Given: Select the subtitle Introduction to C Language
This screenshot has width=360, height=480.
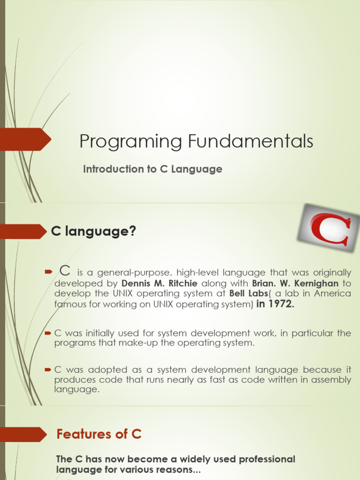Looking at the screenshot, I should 152,169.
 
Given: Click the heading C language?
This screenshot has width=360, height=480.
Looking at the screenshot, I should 93,231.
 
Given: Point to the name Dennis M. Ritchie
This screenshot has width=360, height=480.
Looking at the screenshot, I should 159,283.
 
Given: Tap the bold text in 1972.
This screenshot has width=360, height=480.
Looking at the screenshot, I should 276,304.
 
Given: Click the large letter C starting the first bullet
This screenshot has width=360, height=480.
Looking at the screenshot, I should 65,270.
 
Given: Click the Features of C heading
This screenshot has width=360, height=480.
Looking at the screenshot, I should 99,434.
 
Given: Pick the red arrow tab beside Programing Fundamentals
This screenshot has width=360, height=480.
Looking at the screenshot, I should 26,139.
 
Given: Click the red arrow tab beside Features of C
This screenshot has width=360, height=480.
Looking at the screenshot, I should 23,434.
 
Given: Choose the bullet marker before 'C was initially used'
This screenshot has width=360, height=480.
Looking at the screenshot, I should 47,333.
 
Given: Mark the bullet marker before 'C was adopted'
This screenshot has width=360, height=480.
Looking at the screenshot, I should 47,370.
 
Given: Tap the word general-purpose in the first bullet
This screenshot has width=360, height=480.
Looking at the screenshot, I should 126,273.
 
